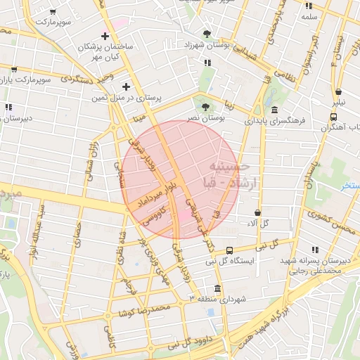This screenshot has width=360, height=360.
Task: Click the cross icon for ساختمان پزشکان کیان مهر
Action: tap(105, 36)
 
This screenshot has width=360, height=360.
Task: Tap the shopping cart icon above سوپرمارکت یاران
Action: tap(14, 70)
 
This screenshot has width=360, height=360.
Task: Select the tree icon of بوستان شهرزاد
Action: tap(207, 34)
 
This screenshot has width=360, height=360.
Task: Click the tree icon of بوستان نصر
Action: tap(205, 108)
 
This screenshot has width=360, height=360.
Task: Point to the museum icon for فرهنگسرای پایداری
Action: tap(274, 110)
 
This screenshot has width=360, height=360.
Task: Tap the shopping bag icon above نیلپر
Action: tap(339, 91)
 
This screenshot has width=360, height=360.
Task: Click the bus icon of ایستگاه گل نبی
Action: tap(230, 250)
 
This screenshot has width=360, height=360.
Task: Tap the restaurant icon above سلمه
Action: tap(309, 6)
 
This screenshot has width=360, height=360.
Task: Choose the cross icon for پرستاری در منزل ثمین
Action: tap(126, 86)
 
